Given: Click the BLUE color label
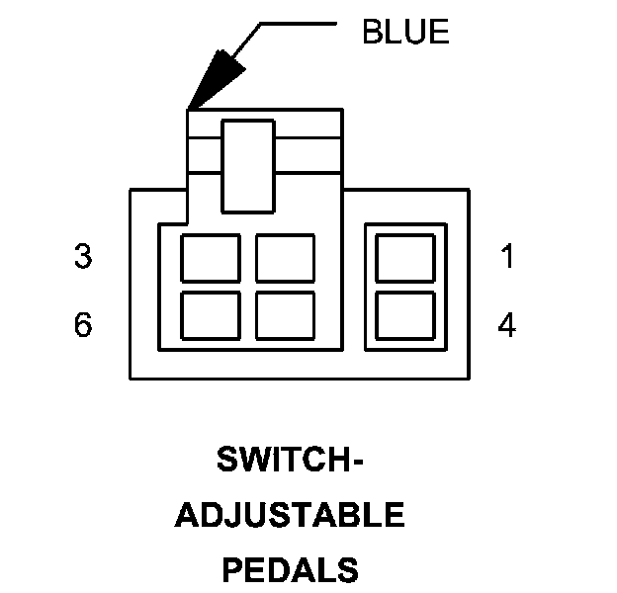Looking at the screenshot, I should pos(405,32).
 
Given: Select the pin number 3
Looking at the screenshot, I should pos(83,257).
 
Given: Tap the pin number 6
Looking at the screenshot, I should pos(83,325).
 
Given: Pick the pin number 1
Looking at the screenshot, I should pos(507,257).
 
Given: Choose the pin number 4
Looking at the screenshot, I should pos(507,325).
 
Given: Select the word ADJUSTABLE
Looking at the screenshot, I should pos(289,515).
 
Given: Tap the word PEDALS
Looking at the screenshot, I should pos(290,569).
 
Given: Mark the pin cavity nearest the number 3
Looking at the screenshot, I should pos(210,258).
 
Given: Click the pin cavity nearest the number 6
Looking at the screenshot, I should pos(210,315).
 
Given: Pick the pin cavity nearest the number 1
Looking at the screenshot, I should pos(405,258).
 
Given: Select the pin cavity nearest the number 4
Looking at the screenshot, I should pos(405,315).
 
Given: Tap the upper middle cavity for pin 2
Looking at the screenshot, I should pos(285,258).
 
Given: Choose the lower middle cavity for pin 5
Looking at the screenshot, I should pos(285,315).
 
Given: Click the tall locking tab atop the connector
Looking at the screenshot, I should pos(247,166).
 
